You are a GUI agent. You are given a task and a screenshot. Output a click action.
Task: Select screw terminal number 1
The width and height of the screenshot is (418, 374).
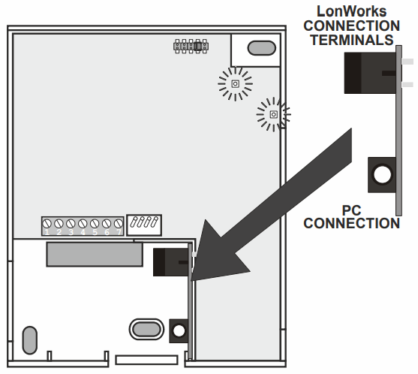[x=47, y=225]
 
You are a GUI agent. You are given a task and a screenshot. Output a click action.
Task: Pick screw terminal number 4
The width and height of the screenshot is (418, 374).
[x=83, y=225]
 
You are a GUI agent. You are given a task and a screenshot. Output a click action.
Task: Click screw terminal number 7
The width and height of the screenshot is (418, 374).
[x=118, y=225]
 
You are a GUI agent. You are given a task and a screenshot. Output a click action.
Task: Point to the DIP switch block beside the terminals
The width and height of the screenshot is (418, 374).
[x=145, y=223]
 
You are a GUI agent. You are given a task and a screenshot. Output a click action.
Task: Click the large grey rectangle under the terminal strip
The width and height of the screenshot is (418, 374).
[x=95, y=254]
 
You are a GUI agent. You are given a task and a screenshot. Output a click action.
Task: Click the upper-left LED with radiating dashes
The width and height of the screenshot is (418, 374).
[x=234, y=83]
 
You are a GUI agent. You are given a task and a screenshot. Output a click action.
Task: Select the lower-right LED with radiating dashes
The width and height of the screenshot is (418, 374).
[x=273, y=114]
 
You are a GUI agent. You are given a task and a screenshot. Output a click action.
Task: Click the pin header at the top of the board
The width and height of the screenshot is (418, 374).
[x=191, y=46]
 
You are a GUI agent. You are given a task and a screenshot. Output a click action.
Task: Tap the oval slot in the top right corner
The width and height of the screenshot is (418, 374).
[x=260, y=48]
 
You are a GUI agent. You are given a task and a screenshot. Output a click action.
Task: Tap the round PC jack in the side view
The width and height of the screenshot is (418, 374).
[x=381, y=174]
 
